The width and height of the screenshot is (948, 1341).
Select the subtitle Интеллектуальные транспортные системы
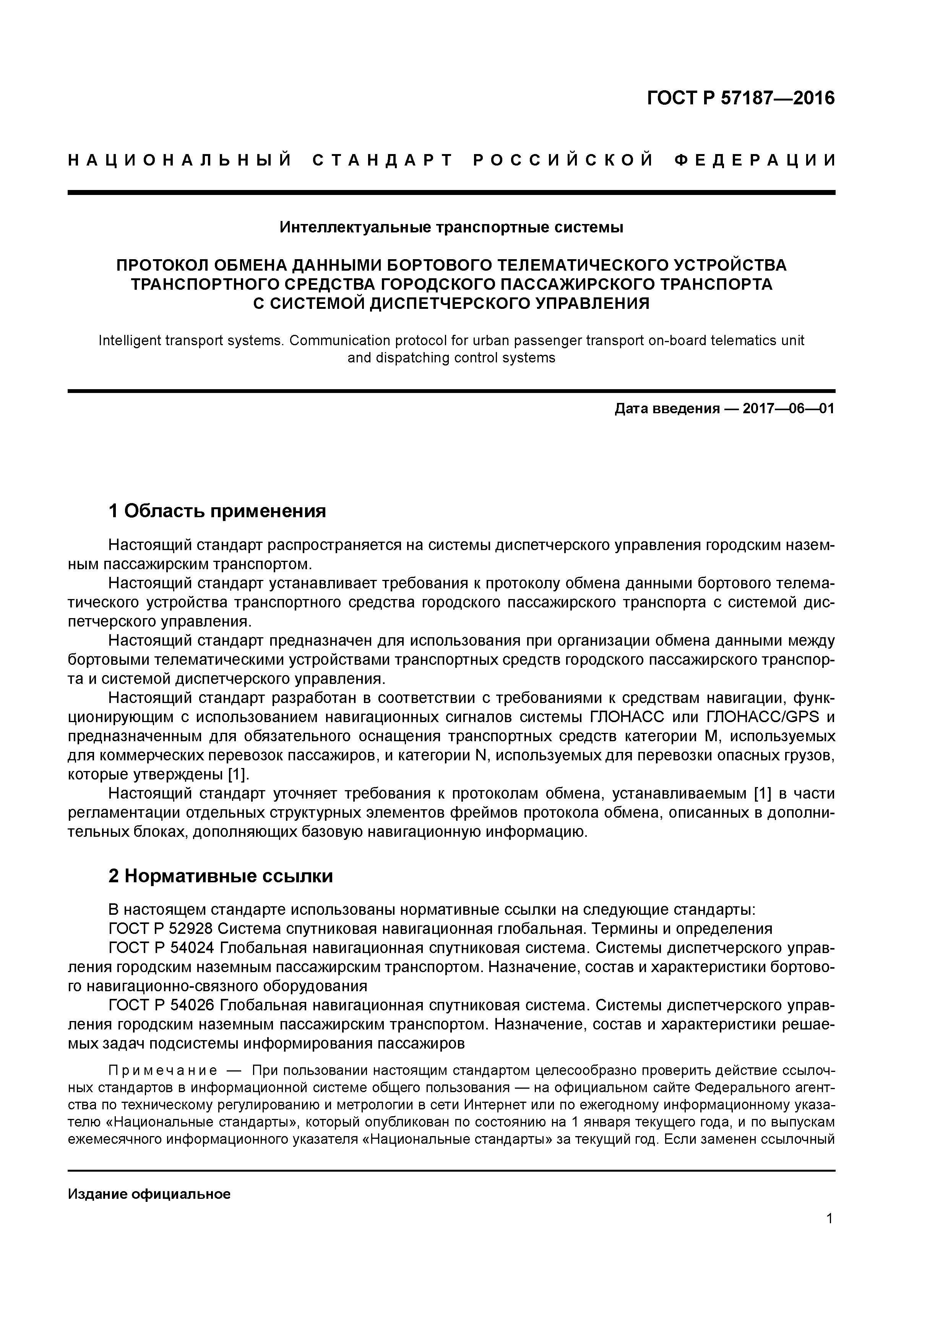451,227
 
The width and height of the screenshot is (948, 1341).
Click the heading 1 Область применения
217,511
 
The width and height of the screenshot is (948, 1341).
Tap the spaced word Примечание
162,1071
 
